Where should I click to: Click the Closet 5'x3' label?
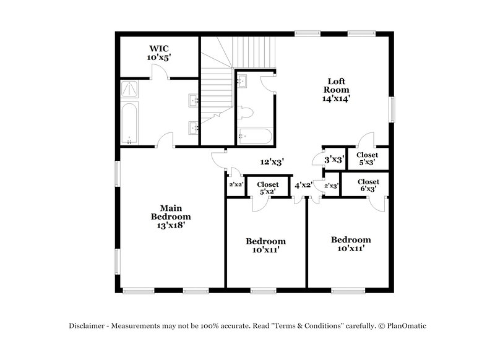click(368, 159)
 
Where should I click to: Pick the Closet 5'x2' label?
click(267, 188)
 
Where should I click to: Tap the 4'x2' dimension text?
click(304, 185)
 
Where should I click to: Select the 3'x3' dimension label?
click(334, 160)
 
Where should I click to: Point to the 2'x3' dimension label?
click(331, 186)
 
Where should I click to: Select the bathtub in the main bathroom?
click(129, 124)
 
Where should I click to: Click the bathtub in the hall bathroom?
click(254, 135)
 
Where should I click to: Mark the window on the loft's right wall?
click(392, 109)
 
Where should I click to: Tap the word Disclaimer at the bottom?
click(87, 325)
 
